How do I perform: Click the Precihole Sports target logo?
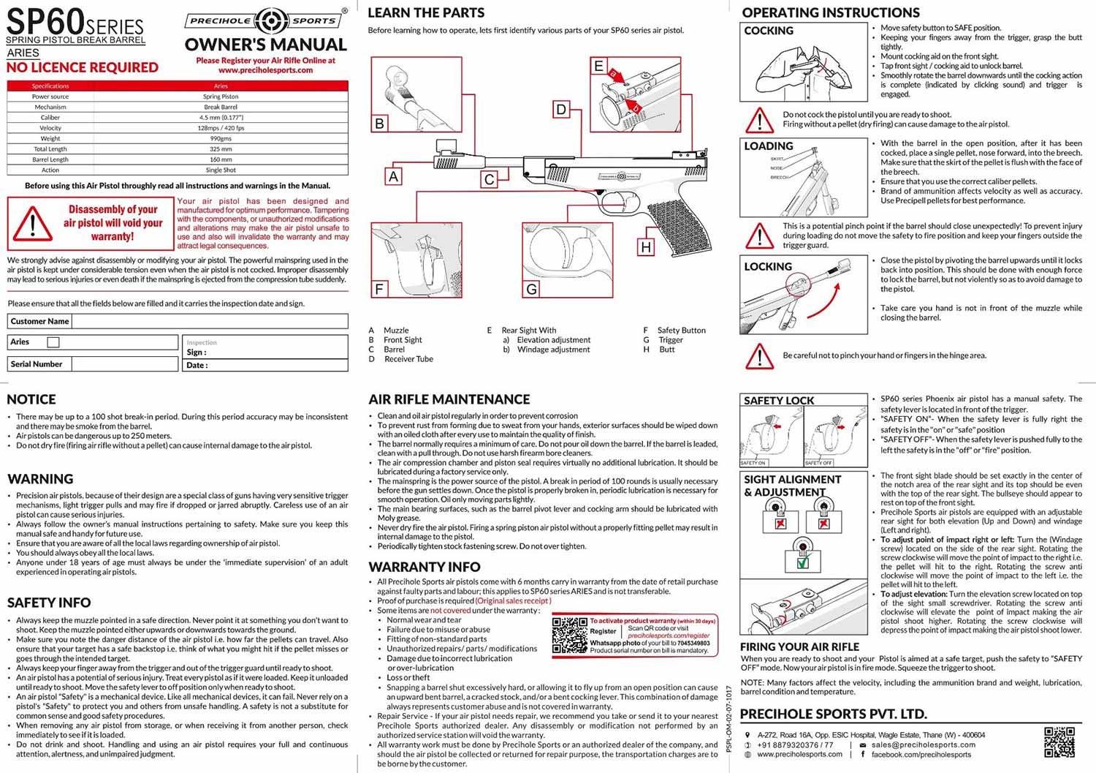(x=270, y=20)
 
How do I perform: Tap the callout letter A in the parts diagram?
(x=394, y=176)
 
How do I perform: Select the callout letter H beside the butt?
(x=646, y=247)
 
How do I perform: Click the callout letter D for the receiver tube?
(x=561, y=110)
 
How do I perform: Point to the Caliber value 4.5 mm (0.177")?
(x=221, y=117)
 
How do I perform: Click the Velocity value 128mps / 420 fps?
(x=221, y=128)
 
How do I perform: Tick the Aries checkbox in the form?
(x=53, y=342)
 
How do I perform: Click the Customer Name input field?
(x=210, y=321)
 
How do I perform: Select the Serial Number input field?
(x=124, y=363)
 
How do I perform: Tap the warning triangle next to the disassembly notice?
(x=33, y=223)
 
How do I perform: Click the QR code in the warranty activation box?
(x=569, y=635)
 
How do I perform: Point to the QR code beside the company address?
(x=1059, y=742)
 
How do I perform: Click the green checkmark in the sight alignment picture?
(x=803, y=562)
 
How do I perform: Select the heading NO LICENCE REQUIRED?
(x=83, y=67)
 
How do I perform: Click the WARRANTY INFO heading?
(x=425, y=567)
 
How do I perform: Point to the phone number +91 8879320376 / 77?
(x=795, y=744)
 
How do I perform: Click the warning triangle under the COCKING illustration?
(x=759, y=120)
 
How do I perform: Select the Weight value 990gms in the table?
(x=221, y=138)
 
